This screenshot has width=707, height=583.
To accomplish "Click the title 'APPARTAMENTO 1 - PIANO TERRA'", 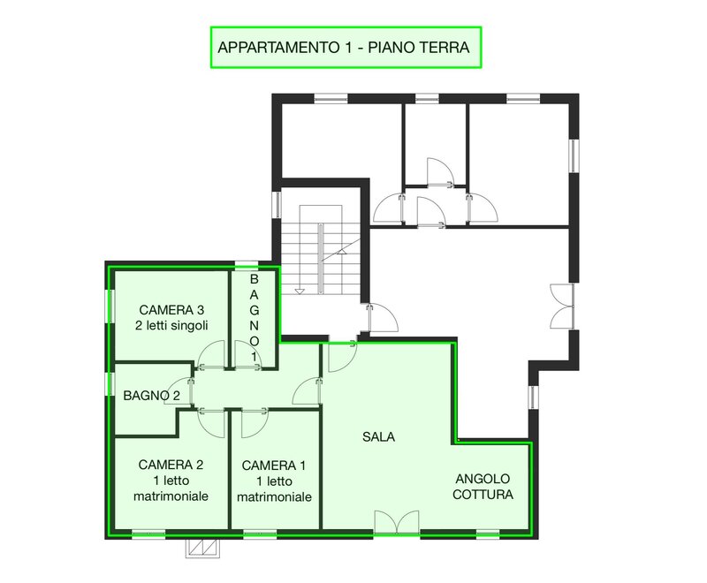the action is [x=344, y=48].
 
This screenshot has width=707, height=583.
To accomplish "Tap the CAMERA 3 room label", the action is [x=171, y=318].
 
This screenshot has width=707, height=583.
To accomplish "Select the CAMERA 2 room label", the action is [x=171, y=481].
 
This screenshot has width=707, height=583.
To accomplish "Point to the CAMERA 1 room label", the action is [x=274, y=481].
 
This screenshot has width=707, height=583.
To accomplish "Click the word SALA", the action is [x=379, y=436].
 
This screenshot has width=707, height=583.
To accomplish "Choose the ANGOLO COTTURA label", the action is [x=483, y=487].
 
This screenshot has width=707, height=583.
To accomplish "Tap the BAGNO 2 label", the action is [x=151, y=396].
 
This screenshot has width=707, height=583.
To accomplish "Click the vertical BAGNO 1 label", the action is [x=255, y=318].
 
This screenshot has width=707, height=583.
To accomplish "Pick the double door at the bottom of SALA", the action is [x=397, y=523].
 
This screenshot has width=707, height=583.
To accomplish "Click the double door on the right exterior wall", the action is [x=562, y=307].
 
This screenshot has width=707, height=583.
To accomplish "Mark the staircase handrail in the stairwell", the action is [x=320, y=259].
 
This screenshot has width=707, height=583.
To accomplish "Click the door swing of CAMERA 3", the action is [x=211, y=354].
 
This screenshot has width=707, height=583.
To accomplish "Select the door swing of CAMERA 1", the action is [x=255, y=422].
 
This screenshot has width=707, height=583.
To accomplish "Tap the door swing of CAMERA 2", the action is [x=211, y=422].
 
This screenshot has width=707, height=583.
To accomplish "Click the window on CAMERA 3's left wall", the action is [x=110, y=307].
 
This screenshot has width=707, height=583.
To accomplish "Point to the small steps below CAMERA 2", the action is [x=203, y=548].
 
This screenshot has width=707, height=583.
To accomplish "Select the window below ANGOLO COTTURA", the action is [x=488, y=534].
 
